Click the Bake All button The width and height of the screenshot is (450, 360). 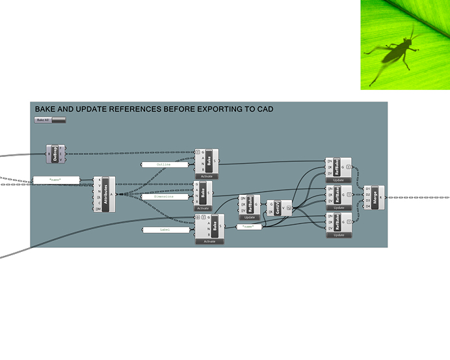pos(50,120)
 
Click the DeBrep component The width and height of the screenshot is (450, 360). pos(55,154)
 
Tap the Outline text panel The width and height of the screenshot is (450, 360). pos(164,165)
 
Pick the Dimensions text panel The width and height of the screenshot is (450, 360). pos(164,196)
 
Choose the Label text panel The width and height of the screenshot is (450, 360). pos(164,230)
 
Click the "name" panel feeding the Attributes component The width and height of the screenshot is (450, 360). pos(55,179)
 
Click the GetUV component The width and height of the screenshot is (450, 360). pos(278,209)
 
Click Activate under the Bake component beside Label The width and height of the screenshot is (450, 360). pos(209,242)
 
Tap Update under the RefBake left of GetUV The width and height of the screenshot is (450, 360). pos(250,217)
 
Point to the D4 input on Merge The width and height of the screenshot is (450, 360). pos(368,206)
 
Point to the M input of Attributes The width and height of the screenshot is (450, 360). pos(99,209)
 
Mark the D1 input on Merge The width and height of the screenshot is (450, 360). pos(368,188)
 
